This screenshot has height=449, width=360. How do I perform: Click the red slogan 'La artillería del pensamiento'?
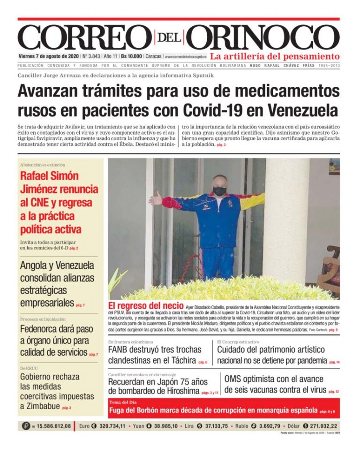pos(275,56)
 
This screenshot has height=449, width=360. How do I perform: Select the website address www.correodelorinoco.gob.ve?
pos(186,57)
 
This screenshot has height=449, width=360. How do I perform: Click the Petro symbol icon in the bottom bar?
pos(26,426)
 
